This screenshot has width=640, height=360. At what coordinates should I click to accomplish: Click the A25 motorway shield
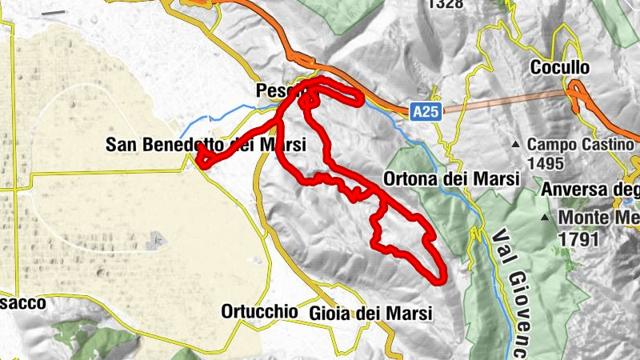(x=426, y=114)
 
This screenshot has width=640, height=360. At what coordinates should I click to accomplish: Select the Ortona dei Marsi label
(x=452, y=178)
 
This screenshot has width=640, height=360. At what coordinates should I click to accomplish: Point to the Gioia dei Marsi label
(x=370, y=312)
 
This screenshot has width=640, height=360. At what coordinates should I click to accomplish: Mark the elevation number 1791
(x=579, y=238)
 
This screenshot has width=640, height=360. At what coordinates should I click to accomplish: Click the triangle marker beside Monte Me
(x=545, y=218)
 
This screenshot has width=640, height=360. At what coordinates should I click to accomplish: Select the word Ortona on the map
(x=407, y=178)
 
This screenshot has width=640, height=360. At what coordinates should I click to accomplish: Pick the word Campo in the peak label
(x=548, y=146)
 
